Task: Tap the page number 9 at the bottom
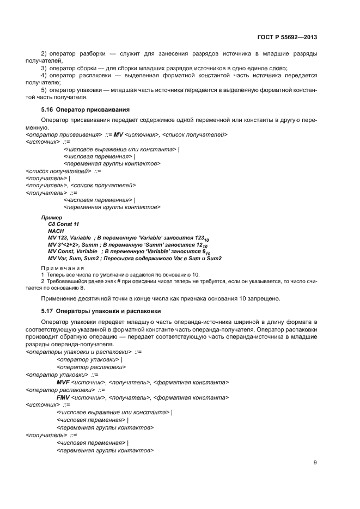click(x=315, y=463)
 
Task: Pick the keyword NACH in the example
click(x=56, y=231)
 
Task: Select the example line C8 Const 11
click(x=64, y=224)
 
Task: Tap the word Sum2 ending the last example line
click(x=213, y=258)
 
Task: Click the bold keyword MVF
click(x=63, y=382)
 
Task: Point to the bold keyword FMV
click(x=63, y=397)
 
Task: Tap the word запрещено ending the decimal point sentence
click(x=265, y=298)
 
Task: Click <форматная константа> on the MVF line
click(x=191, y=382)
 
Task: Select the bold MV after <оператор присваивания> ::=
click(x=118, y=134)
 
